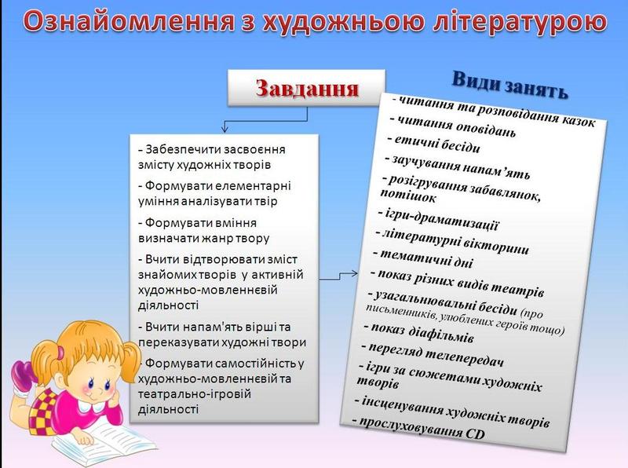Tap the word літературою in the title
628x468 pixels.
point(520,22)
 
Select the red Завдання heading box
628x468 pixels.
point(306,88)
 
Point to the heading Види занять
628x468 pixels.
point(510,85)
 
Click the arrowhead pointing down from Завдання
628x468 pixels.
point(225,129)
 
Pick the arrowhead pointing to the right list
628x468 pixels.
point(354,274)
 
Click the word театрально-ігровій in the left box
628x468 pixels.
point(195,394)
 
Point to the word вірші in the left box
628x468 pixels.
point(261,327)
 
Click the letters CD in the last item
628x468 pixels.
point(475,433)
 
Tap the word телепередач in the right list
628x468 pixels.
point(464,356)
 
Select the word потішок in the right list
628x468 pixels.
point(407,196)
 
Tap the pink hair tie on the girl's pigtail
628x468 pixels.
point(60,353)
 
